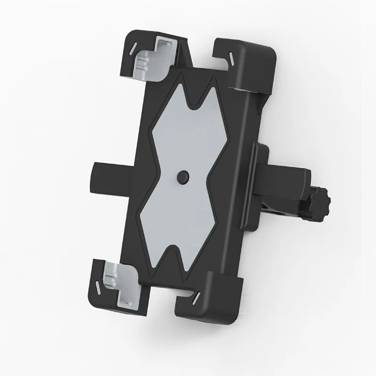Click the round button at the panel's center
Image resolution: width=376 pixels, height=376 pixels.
point(182,176)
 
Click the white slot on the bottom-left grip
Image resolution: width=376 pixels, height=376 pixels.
point(95,285)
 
